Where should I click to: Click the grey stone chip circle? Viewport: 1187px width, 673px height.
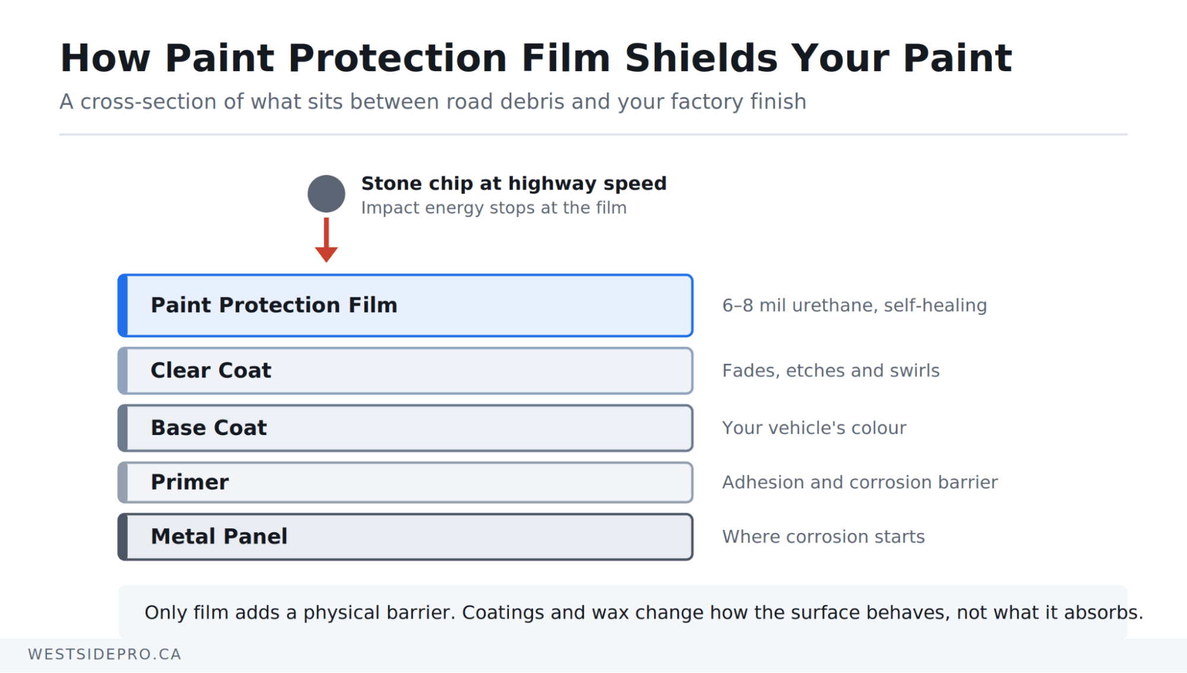tap(326, 193)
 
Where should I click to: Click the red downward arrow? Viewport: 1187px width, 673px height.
tap(326, 240)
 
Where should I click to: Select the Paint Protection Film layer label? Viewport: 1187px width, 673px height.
tap(274, 305)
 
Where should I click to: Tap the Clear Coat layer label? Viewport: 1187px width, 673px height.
tap(211, 370)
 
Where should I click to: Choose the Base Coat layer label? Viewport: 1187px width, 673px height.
tap(209, 428)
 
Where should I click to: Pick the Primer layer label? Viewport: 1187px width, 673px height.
tap(189, 482)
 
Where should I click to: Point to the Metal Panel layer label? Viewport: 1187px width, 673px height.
tap(219, 537)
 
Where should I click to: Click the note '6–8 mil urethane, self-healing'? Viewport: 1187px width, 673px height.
tap(854, 305)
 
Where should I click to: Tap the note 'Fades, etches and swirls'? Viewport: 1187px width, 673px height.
tap(831, 370)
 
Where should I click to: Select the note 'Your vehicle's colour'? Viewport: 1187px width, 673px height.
tap(814, 428)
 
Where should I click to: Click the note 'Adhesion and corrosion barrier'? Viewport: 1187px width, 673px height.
tap(860, 482)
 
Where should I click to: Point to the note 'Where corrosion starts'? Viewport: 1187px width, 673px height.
tap(824, 537)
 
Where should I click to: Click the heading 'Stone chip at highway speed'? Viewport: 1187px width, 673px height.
tap(514, 183)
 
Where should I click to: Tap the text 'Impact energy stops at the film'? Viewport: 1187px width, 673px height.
tap(493, 208)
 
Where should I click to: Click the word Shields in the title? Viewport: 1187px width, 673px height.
tap(701, 58)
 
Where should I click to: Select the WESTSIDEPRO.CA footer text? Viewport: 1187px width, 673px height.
tap(105, 654)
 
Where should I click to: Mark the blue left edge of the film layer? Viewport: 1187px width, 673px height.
tap(123, 306)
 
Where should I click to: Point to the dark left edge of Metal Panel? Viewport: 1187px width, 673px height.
tap(123, 537)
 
